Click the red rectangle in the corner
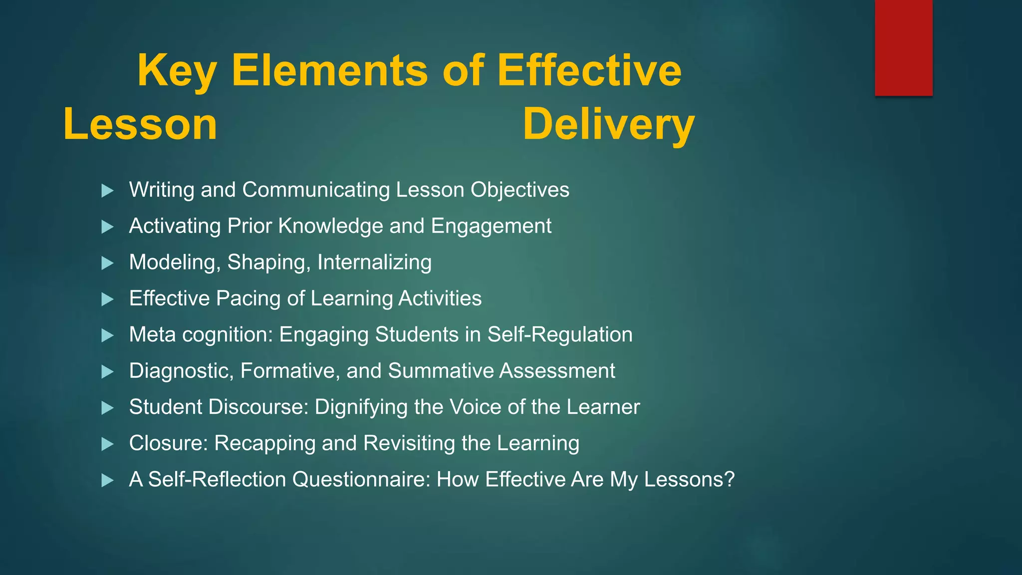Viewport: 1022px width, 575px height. tap(903, 47)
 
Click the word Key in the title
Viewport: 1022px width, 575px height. tap(177, 71)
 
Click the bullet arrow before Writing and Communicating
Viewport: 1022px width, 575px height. tap(107, 191)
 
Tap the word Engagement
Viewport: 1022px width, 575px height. tap(491, 226)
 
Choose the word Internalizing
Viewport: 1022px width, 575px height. tap(374, 263)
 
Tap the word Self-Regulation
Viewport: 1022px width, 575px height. tap(560, 335)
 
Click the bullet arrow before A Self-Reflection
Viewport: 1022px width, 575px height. tap(107, 481)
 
